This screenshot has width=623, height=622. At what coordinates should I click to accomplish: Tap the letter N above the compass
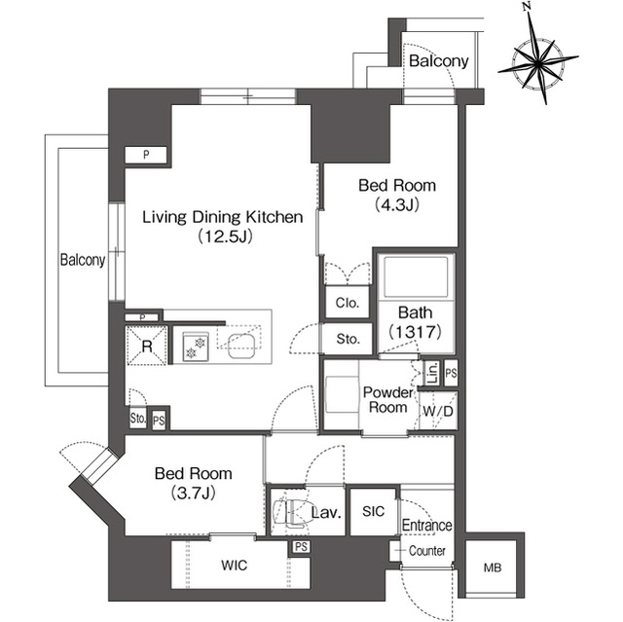pyautogui.click(x=527, y=7)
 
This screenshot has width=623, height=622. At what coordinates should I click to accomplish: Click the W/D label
pyautogui.click(x=437, y=411)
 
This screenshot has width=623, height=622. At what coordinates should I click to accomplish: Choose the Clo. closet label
pyautogui.click(x=348, y=304)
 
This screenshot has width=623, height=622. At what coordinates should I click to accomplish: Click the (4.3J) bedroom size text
pyautogui.click(x=396, y=205)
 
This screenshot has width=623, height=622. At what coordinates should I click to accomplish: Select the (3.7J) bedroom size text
pyautogui.click(x=194, y=494)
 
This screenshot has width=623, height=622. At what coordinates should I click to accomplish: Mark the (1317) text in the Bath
pyautogui.click(x=415, y=332)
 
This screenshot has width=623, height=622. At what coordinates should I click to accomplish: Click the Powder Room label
pyautogui.click(x=389, y=399)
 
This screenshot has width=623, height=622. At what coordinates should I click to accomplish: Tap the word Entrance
pyautogui.click(x=427, y=526)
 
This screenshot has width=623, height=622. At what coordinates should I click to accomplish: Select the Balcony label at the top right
pyautogui.click(x=438, y=61)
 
